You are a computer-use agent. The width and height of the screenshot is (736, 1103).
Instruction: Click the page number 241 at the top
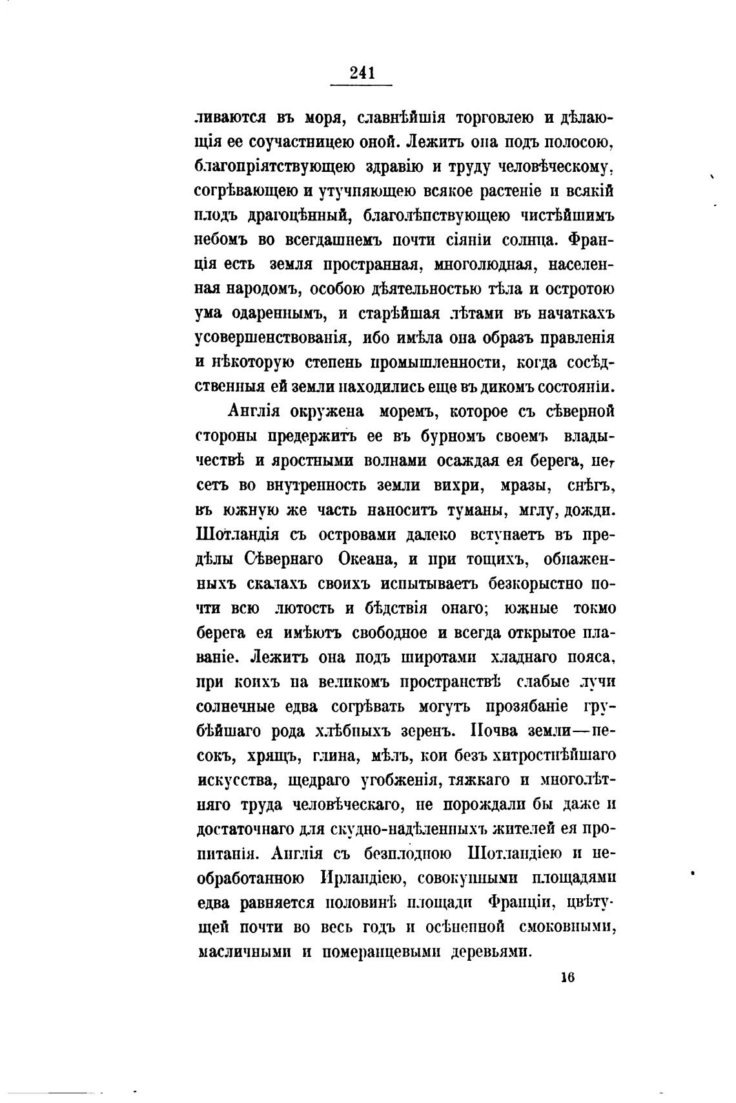tap(362, 73)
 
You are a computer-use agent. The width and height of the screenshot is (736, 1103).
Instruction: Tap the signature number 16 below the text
tap(567, 977)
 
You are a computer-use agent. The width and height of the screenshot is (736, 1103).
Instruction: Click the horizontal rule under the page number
tap(362, 85)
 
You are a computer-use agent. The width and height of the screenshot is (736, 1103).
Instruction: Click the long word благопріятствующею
tap(275, 167)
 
